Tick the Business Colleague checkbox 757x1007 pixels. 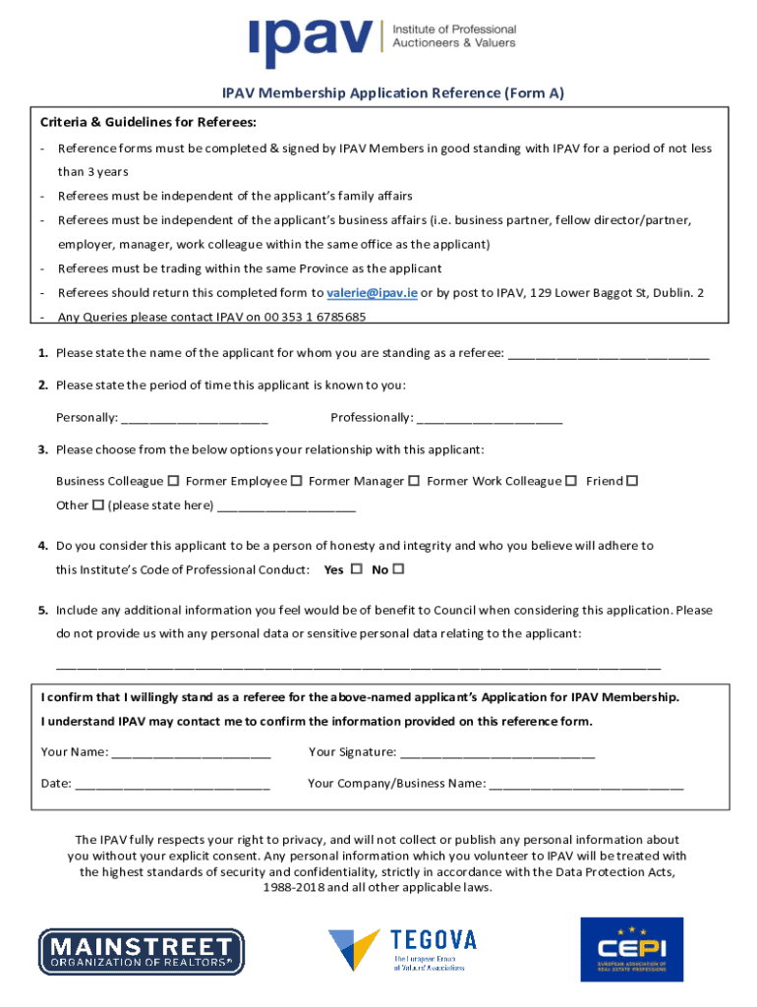(x=173, y=481)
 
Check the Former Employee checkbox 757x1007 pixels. (x=295, y=481)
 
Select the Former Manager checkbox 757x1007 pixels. (x=414, y=481)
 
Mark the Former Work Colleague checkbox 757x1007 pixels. (x=571, y=481)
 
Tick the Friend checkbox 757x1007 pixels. (x=632, y=481)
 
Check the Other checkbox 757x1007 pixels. (x=98, y=505)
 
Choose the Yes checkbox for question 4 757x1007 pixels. (x=356, y=569)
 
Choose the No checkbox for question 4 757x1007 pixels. (x=398, y=569)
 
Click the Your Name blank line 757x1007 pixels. (x=192, y=754)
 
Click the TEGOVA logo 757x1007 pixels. (x=402, y=949)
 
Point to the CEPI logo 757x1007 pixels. (x=631, y=949)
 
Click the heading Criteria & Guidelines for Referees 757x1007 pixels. (x=148, y=123)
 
